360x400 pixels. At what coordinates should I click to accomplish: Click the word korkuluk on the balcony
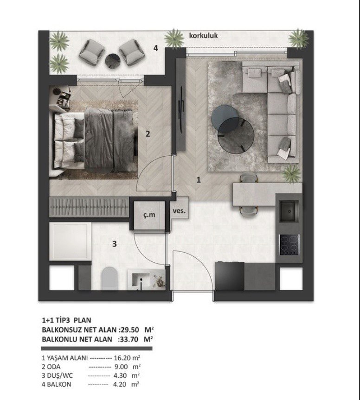click(203, 36)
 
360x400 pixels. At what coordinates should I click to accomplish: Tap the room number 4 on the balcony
click(156, 48)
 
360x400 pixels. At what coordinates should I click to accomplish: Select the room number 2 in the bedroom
click(148, 133)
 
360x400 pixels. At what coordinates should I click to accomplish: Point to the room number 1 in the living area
click(199, 180)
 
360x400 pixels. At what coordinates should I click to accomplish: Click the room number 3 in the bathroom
click(115, 244)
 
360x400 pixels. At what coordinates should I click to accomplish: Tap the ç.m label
click(149, 215)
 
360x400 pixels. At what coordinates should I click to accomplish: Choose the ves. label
click(179, 211)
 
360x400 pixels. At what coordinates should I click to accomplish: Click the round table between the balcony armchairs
click(113, 61)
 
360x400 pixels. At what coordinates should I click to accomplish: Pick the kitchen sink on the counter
click(289, 211)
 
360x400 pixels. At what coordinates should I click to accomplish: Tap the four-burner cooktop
click(289, 245)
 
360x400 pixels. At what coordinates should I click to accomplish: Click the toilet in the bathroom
click(110, 278)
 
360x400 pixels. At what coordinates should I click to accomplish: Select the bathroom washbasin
click(141, 280)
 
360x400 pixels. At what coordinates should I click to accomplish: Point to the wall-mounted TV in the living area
click(181, 109)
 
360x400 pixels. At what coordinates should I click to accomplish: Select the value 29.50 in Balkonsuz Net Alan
click(130, 330)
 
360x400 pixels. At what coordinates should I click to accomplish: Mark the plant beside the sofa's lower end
click(292, 173)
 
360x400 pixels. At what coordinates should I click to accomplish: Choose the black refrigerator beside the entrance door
click(230, 276)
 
